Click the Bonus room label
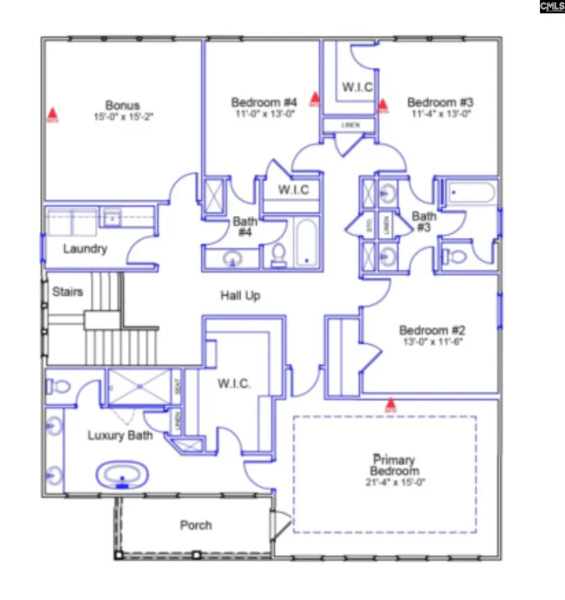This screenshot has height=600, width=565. click(x=122, y=105)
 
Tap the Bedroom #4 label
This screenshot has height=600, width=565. click(x=264, y=102)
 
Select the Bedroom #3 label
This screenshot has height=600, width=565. click(x=440, y=102)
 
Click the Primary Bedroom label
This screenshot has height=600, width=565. click(x=394, y=466)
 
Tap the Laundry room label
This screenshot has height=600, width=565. click(x=85, y=249)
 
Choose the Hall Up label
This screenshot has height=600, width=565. click(x=240, y=295)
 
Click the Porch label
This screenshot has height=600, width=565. click(x=196, y=525)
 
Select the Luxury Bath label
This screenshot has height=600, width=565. click(x=120, y=435)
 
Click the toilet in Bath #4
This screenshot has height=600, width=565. click(x=279, y=254)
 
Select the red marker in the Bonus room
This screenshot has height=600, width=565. click(x=53, y=114)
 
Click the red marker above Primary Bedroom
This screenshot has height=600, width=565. click(x=391, y=403)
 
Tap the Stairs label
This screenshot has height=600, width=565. click(x=67, y=292)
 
